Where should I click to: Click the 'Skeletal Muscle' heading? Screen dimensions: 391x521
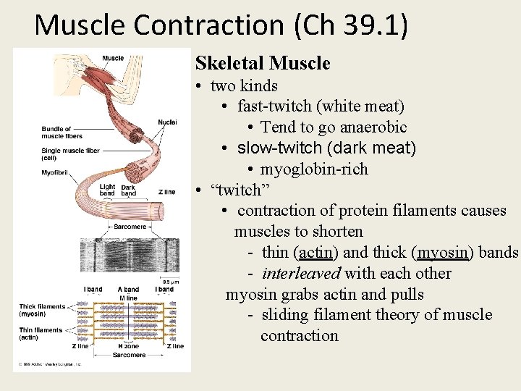263,64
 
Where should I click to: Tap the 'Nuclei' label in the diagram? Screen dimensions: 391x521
167,122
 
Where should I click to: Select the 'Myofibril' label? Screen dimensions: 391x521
55,172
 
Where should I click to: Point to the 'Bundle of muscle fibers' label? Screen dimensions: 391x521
62,133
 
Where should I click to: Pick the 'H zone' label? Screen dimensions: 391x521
129,346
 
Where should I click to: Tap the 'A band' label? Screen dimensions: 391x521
128,290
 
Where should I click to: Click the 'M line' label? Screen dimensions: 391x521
128,298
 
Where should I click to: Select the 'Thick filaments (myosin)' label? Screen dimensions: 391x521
42,310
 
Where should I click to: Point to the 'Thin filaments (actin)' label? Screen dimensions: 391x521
41,333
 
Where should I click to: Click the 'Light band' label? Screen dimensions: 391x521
107,190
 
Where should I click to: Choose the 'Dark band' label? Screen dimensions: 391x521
128,190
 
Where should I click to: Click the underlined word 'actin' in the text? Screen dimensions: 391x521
315,253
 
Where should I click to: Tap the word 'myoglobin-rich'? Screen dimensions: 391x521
314,169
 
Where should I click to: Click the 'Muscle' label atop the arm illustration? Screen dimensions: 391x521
113,58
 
